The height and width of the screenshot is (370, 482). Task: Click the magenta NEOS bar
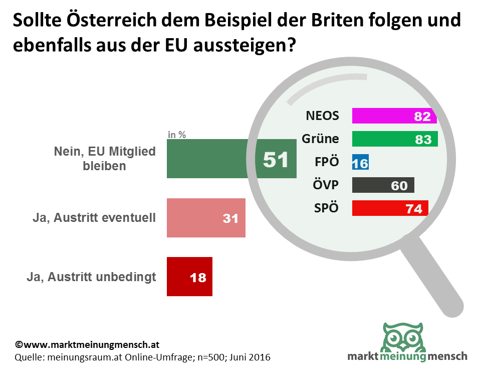pos(394,116)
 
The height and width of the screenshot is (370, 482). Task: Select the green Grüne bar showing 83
pos(395,139)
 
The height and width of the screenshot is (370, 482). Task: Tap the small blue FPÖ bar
pos(360,162)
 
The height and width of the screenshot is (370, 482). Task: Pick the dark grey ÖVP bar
pos(383,185)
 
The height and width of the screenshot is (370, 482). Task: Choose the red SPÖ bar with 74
pos(390,208)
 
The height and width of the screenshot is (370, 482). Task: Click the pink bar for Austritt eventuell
pos(206,218)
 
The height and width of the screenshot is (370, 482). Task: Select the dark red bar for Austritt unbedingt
pos(189,277)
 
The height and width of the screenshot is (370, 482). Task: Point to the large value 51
pos(276,160)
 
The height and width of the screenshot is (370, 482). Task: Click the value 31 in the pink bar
pos(230,219)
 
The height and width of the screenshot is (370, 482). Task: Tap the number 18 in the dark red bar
pos(198,277)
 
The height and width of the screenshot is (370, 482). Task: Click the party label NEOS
pos(322,116)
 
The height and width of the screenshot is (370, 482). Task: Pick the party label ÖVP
pos(325,185)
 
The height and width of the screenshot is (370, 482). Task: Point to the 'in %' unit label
pos(177,135)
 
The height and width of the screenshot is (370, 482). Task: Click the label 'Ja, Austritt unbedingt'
pos(91,277)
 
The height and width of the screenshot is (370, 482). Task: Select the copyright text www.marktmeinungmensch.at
pos(87,345)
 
